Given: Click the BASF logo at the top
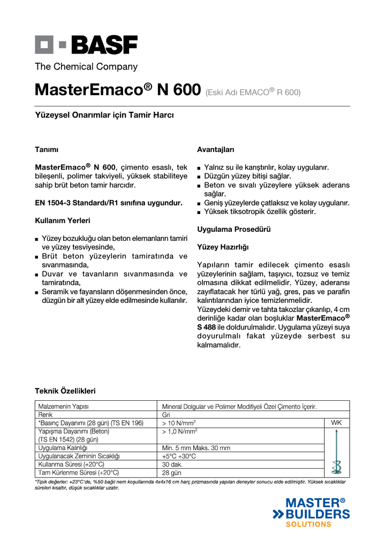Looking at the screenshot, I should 86,45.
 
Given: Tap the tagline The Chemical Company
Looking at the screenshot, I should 86,67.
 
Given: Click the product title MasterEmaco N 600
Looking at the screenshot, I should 118,89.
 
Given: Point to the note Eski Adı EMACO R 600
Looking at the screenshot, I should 253,92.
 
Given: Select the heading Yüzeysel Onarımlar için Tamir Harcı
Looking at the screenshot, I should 104,116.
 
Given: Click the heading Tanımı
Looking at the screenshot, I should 47,149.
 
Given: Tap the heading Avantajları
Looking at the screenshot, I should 215,149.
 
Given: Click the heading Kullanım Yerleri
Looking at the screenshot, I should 62,220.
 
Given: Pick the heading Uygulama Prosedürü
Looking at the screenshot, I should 233,230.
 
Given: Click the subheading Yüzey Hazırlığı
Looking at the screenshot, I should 223,247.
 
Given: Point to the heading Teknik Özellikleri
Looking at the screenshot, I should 65,391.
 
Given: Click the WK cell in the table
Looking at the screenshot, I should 336,423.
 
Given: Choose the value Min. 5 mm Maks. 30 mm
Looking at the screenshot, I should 196,447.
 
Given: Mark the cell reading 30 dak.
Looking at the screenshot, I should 172,465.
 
